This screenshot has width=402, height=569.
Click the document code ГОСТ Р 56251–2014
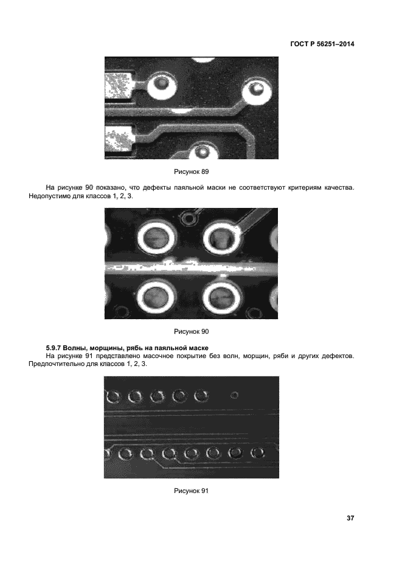click(322, 44)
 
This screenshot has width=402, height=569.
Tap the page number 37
click(350, 518)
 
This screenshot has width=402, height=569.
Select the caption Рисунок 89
click(192, 171)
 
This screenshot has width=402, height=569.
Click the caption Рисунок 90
click(192, 331)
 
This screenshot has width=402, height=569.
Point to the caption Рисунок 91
click(192, 491)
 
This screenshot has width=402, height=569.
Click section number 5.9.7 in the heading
click(54, 348)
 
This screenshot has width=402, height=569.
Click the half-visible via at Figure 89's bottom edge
click(203, 151)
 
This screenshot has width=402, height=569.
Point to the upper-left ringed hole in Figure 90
click(156, 238)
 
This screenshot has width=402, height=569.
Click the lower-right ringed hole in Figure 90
click(222, 297)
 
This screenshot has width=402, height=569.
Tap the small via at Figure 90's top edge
click(189, 218)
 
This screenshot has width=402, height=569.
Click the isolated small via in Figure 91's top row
click(234, 395)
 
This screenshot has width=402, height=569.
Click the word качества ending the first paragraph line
click(340, 188)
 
